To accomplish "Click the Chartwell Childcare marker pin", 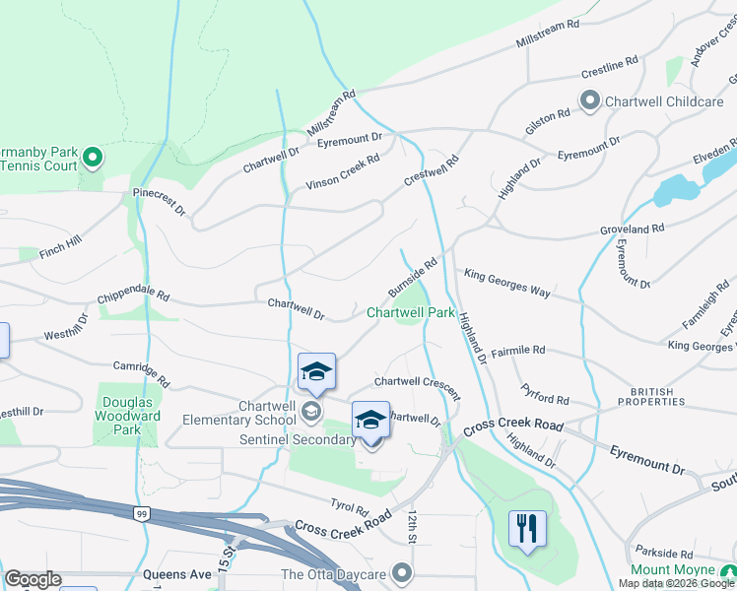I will click(590, 100).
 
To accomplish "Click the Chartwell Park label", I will click(411, 312).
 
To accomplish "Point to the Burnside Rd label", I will click(412, 279).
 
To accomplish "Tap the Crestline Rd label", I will click(610, 67).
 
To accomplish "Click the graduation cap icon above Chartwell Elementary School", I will click(316, 372).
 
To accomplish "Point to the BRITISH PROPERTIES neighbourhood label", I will click(652, 397).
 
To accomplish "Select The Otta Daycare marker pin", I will click(401, 572).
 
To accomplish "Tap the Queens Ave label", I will click(177, 573).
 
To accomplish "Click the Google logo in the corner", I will click(33, 579).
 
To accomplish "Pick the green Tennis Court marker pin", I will click(92, 158).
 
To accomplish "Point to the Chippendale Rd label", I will click(133, 295).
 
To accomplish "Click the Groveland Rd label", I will click(633, 229).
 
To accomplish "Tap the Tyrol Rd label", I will click(349, 509).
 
